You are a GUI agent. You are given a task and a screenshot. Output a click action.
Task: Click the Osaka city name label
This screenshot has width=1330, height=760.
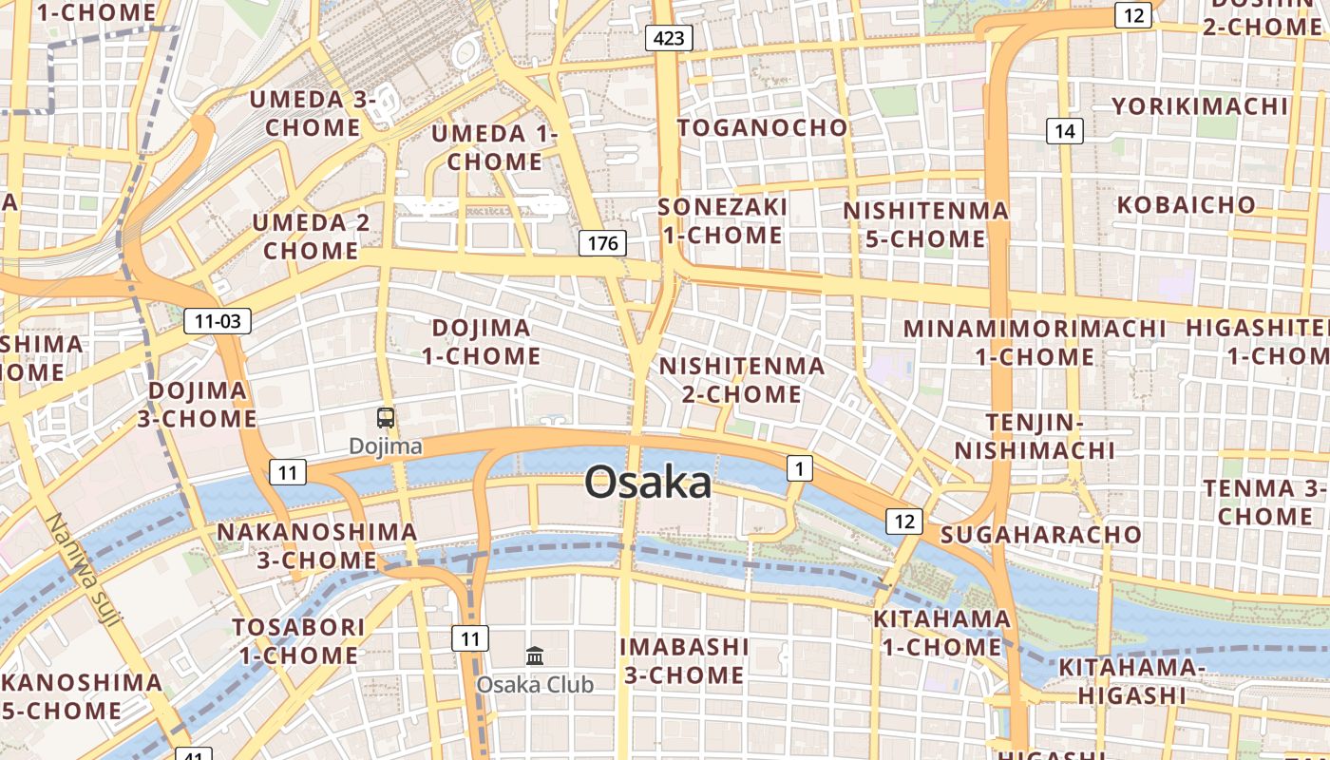(648, 483)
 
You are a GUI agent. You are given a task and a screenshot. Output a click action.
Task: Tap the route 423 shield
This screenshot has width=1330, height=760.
(669, 38)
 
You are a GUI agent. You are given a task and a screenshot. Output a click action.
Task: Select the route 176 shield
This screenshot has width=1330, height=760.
(602, 243)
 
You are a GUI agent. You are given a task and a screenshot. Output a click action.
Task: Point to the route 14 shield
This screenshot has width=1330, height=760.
(1065, 131)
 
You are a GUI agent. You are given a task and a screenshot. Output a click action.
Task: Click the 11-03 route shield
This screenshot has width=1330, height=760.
(218, 321)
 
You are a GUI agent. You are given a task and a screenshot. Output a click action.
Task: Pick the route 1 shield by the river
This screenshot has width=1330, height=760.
(800, 467)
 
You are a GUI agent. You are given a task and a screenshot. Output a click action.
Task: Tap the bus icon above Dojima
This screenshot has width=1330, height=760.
(386, 417)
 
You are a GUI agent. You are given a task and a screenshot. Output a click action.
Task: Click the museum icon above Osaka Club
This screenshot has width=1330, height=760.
(535, 655)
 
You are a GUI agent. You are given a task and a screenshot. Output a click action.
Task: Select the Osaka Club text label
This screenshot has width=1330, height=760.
(535, 684)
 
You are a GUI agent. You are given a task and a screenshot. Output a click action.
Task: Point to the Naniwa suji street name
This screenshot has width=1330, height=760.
(84, 570)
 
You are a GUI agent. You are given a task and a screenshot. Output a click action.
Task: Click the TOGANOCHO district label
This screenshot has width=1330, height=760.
(762, 127)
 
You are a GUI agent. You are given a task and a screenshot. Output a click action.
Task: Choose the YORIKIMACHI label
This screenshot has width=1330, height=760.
(1200, 105)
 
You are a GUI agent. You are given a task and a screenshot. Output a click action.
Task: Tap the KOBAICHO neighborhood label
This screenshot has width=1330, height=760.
(1187, 204)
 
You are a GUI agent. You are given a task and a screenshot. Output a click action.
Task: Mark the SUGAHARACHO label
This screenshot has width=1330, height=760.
(1041, 534)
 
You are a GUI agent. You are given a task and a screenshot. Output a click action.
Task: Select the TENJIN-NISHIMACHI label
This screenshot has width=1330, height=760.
(1035, 436)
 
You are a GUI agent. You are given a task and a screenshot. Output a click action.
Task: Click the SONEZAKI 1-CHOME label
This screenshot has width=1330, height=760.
(723, 220)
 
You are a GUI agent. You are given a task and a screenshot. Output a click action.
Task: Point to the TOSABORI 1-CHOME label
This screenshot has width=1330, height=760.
(299, 641)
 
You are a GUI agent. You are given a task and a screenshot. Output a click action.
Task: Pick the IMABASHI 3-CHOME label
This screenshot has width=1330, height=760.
(684, 660)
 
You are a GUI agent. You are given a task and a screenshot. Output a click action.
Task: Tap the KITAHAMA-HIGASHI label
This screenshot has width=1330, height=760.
(1131, 681)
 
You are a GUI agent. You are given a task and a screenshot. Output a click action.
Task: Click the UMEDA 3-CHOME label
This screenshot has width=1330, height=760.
(313, 113)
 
